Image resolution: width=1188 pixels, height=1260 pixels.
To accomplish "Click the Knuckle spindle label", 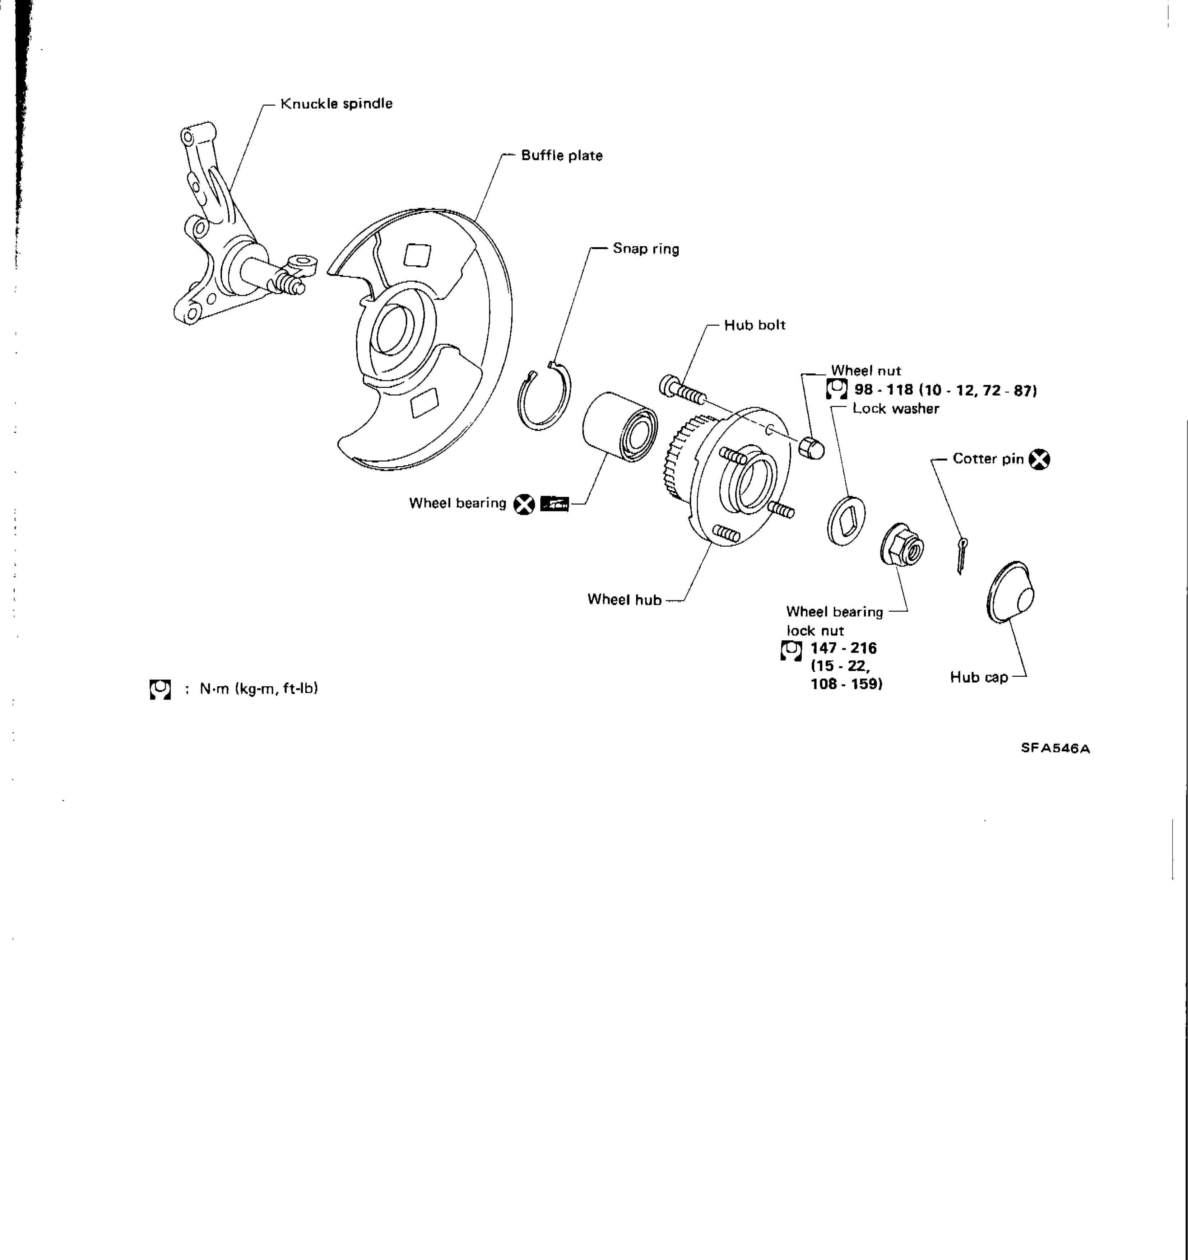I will [x=336, y=103].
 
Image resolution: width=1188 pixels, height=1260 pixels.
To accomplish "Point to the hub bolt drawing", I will [x=682, y=390].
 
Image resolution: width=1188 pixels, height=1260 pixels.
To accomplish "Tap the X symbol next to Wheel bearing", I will [x=524, y=504].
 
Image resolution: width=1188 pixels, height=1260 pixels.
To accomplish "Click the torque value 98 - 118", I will [x=883, y=390].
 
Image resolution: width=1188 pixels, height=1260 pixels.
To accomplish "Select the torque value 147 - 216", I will [x=843, y=648].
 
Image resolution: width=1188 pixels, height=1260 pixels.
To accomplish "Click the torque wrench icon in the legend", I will [x=161, y=689].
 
